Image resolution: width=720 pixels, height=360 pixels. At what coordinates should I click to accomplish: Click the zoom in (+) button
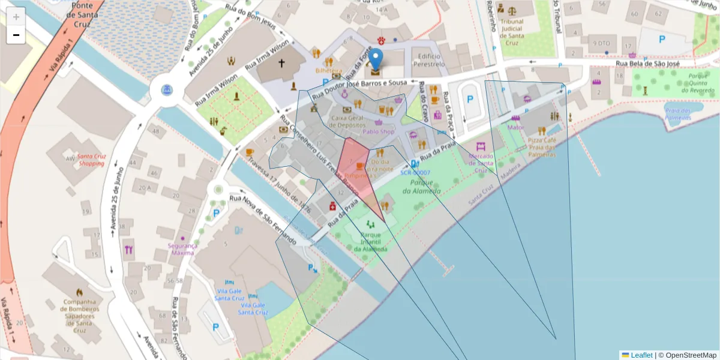tap(16, 17)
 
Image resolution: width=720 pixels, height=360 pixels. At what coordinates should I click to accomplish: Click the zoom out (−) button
tap(16, 35)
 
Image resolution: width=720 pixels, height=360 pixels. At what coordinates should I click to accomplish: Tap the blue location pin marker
tap(376, 61)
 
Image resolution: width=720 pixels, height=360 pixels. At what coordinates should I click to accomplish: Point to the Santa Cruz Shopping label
tap(91, 160)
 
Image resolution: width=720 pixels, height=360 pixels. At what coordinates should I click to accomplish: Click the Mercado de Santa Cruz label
tap(481, 163)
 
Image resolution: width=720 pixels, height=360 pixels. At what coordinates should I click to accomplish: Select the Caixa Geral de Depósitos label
tap(348, 122)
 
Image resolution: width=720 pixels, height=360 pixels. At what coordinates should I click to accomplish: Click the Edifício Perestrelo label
tap(428, 60)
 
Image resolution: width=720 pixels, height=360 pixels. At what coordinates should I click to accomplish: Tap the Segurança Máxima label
tap(182, 249)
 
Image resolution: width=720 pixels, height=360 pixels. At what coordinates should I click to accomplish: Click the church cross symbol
tap(281, 63)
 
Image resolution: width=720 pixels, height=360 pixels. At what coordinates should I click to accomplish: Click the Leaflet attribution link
tap(641, 355)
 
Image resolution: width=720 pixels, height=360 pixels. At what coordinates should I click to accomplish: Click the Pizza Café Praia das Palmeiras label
tap(542, 147)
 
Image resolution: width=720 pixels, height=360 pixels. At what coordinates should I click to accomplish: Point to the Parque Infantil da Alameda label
tap(370, 242)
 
